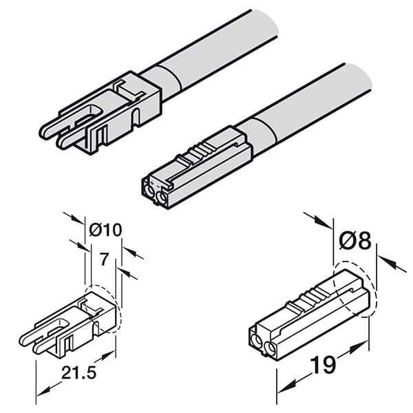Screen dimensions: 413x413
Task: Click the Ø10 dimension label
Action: (x=106, y=229)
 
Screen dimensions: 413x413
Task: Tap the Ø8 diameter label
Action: (x=355, y=240)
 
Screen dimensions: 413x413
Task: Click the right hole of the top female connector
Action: (x=160, y=198)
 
